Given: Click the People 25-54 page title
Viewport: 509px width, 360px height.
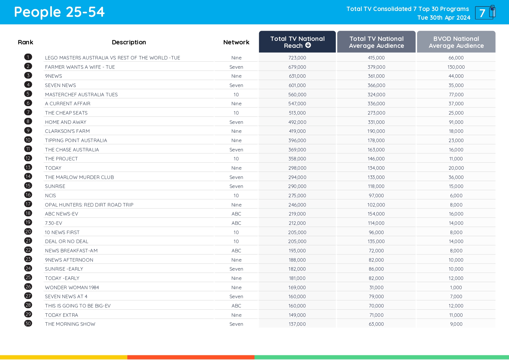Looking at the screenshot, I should click(x=59, y=12).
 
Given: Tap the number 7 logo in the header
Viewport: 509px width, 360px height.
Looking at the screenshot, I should click(x=485, y=13).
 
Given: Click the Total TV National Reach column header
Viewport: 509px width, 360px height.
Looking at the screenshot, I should click(x=297, y=42).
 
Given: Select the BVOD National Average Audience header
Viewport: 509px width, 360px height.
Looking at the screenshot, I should click(x=456, y=42).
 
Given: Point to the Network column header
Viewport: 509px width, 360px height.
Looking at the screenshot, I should click(x=236, y=42).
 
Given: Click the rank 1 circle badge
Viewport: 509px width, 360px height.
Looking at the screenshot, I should click(x=28, y=57).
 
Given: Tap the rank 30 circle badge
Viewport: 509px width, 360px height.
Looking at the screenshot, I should click(x=28, y=323).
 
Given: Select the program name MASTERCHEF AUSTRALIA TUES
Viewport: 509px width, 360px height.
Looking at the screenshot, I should click(x=81, y=95).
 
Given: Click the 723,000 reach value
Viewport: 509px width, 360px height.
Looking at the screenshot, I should click(x=297, y=58).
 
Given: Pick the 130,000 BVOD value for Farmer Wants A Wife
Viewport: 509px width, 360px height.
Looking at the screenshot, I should click(x=456, y=67).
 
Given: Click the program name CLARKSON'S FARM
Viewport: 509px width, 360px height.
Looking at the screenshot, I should click(x=67, y=131).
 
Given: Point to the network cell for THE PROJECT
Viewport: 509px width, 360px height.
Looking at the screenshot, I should click(x=236, y=159).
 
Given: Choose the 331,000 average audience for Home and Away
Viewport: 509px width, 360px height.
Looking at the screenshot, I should click(x=376, y=122).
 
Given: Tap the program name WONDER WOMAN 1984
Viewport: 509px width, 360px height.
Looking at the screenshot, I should click(x=72, y=287).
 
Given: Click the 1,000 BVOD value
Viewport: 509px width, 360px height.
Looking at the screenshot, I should click(x=456, y=287).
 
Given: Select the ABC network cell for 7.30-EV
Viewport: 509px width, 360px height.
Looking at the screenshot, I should click(x=236, y=223).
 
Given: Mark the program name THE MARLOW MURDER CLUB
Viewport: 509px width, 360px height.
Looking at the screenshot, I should click(x=79, y=177).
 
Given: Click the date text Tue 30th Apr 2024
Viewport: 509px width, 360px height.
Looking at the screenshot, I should click(x=444, y=18).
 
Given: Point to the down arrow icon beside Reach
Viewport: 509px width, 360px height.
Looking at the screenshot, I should click(x=308, y=45).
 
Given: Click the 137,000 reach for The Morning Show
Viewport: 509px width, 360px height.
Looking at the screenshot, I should click(x=297, y=324).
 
